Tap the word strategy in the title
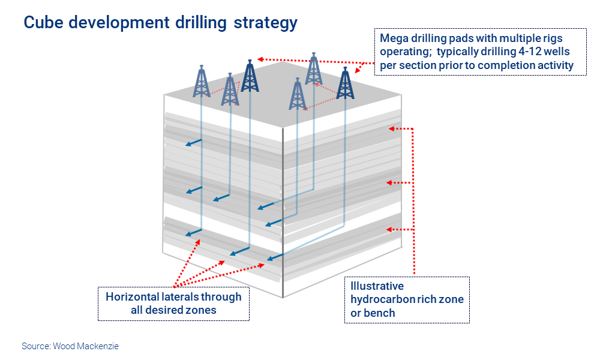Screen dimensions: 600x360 pos(265,23)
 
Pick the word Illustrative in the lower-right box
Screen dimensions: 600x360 pos(377,286)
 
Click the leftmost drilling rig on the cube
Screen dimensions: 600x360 pos(201,81)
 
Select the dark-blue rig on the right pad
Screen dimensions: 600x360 pos(345,83)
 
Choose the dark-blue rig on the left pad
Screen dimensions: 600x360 pos(250,76)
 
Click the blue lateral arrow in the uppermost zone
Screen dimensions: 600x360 pos(194,143)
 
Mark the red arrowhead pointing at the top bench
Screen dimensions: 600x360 pos(391,128)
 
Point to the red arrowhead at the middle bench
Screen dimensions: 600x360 pos(389,183)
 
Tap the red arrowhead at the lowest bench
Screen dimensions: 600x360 pos(389,230)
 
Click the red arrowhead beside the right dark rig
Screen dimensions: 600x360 pos(358,70)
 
